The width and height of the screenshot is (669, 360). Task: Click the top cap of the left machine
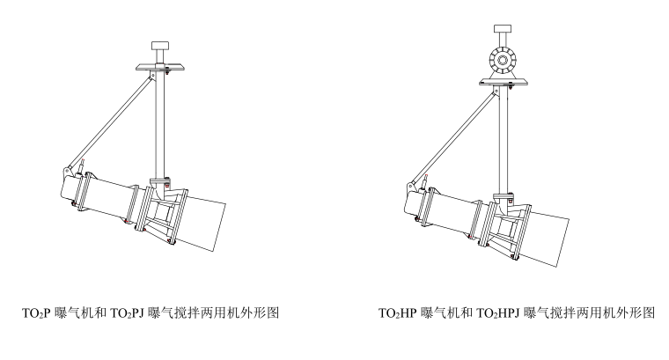[x=161, y=46]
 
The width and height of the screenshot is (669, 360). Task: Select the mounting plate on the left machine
[x=160, y=67]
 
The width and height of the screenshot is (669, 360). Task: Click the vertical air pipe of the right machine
[x=503, y=136]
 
